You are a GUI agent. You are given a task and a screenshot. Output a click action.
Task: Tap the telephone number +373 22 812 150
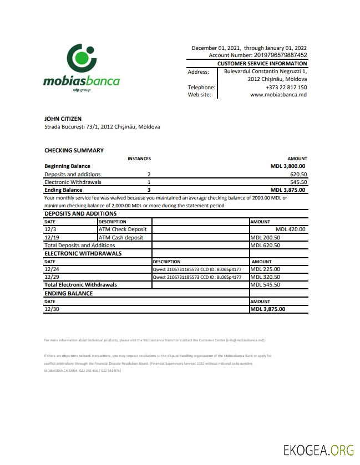[x=286, y=87]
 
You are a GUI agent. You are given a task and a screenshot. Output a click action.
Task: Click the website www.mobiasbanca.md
[x=278, y=95]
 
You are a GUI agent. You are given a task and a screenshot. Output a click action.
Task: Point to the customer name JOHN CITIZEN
[x=63, y=119]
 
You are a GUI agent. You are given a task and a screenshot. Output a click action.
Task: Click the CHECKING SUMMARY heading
[x=74, y=150]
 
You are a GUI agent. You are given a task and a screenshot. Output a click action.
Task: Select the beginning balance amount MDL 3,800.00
[x=287, y=166]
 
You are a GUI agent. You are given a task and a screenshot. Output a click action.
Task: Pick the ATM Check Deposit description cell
[x=123, y=229]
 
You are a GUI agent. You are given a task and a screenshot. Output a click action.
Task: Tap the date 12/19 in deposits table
[x=50, y=237]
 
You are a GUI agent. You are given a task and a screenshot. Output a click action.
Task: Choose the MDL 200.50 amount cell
[x=265, y=237]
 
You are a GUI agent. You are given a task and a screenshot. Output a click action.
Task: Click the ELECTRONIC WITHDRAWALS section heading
[x=83, y=253]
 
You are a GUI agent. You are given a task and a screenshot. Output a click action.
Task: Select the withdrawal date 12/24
[x=50, y=269]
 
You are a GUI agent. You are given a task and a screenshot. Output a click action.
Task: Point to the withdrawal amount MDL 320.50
[x=265, y=277]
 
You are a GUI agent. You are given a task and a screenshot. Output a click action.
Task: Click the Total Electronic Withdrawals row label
[x=80, y=285]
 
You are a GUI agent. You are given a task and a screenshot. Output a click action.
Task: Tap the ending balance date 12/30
[x=50, y=309]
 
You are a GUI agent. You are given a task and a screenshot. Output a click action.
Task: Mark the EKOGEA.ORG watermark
[x=317, y=449]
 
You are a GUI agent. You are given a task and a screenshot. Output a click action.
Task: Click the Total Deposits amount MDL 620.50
[x=265, y=245]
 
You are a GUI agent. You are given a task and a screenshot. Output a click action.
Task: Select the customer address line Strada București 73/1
[x=102, y=127]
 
